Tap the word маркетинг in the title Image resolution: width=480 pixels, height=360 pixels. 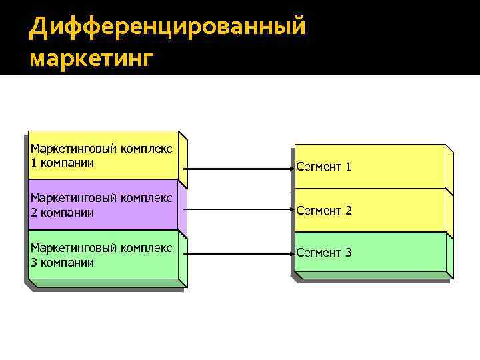[91, 58]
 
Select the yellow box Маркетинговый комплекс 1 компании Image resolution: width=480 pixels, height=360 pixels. [103, 155]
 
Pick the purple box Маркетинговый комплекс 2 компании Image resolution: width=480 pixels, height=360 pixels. [103, 205]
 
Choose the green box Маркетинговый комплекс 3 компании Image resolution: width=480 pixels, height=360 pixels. [103, 255]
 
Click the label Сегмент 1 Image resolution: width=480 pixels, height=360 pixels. [324, 167]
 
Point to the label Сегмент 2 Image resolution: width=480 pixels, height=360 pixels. [324, 211]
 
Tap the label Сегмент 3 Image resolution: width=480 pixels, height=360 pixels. [324, 253]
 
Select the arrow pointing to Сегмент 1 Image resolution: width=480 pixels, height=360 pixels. [240, 167]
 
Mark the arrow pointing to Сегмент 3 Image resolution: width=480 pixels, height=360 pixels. [240, 253]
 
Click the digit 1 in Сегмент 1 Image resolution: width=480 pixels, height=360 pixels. [348, 167]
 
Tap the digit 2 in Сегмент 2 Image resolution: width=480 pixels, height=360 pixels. [348, 211]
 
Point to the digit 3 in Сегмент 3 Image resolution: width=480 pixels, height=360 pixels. [348, 253]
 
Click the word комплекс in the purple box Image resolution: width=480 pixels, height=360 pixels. [146, 198]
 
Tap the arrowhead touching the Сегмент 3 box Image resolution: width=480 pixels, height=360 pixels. [291, 253]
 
